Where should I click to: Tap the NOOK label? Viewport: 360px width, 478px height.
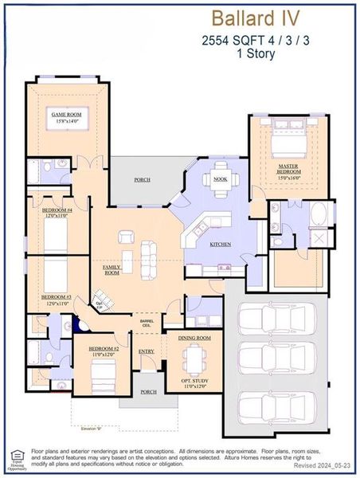pyautogui.click(x=221, y=179)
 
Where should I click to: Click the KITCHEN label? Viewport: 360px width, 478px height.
pyautogui.click(x=221, y=245)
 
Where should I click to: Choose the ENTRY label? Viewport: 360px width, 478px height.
pyautogui.click(x=146, y=351)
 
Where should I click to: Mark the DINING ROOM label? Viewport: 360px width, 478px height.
pyautogui.click(x=193, y=339)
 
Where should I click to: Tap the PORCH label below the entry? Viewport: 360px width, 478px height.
pyautogui.click(x=148, y=391)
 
